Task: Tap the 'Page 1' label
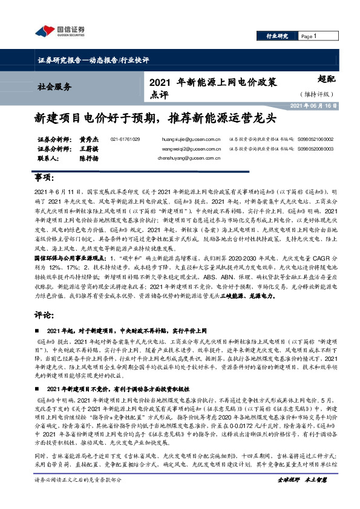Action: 309,36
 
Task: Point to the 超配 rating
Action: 326,79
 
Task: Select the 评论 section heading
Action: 43,316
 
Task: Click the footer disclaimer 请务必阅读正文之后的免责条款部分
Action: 78,496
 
